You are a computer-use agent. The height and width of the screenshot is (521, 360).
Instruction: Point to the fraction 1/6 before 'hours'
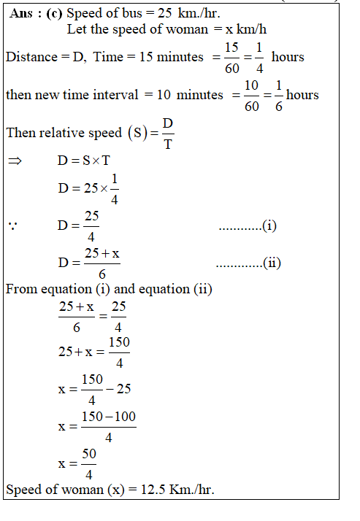click(x=279, y=96)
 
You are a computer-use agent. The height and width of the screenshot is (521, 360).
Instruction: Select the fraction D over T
click(x=167, y=134)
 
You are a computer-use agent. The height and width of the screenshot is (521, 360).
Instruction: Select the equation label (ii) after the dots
click(x=272, y=263)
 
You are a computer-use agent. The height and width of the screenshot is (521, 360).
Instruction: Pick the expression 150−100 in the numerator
click(x=108, y=417)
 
